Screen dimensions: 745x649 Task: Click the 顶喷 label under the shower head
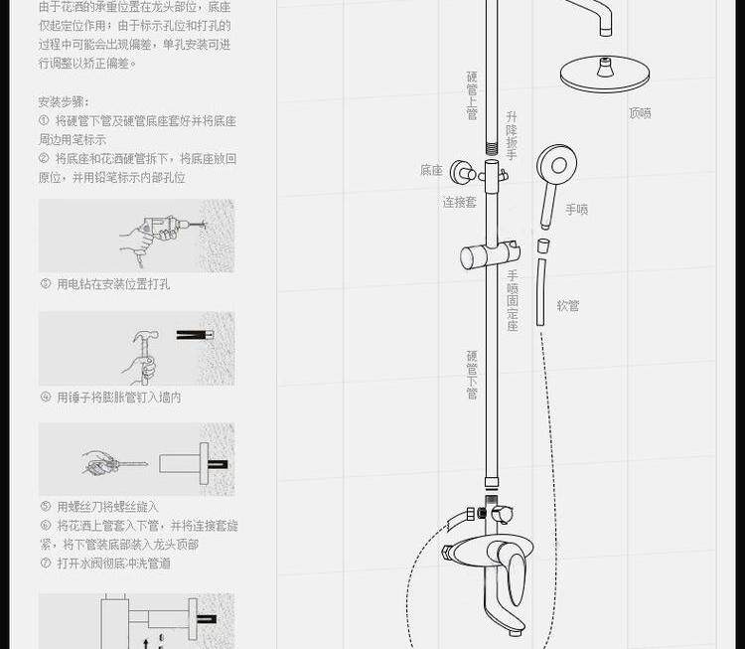point(640,113)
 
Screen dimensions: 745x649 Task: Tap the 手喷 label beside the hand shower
point(576,210)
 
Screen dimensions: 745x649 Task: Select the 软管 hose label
point(567,306)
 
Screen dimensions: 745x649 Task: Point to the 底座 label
point(430,171)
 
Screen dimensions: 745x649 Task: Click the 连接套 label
point(459,202)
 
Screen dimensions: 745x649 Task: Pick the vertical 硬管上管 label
point(472,95)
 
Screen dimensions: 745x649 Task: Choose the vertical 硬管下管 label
point(472,375)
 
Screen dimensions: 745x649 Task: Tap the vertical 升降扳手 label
point(511,137)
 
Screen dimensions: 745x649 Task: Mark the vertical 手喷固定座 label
point(513,300)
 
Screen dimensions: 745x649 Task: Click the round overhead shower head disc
point(604,74)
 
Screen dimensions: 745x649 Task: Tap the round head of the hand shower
point(556,163)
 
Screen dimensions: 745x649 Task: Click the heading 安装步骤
point(64,102)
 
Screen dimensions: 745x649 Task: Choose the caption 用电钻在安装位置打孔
point(112,284)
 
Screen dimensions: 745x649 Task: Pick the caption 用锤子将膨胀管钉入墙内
point(118,398)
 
